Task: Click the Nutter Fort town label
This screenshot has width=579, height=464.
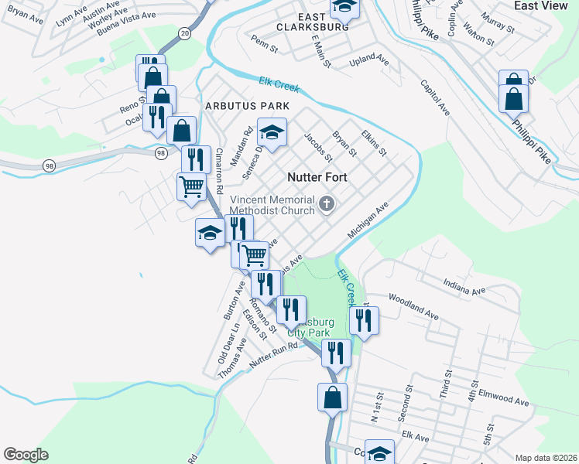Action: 317,177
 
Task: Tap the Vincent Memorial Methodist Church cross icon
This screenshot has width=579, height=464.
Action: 327,205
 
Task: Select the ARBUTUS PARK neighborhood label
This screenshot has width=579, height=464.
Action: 247,106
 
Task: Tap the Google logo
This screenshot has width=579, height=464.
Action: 26,455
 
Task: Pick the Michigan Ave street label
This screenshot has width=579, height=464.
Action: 368,221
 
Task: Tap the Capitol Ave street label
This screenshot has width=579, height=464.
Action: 435,97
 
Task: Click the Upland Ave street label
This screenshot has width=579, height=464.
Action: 368,60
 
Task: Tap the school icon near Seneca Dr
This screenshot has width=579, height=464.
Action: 272,134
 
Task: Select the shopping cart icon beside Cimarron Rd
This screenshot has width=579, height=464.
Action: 191,186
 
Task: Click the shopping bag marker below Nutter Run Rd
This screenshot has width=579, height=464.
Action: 332,397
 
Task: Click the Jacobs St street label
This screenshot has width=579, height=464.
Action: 318,148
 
